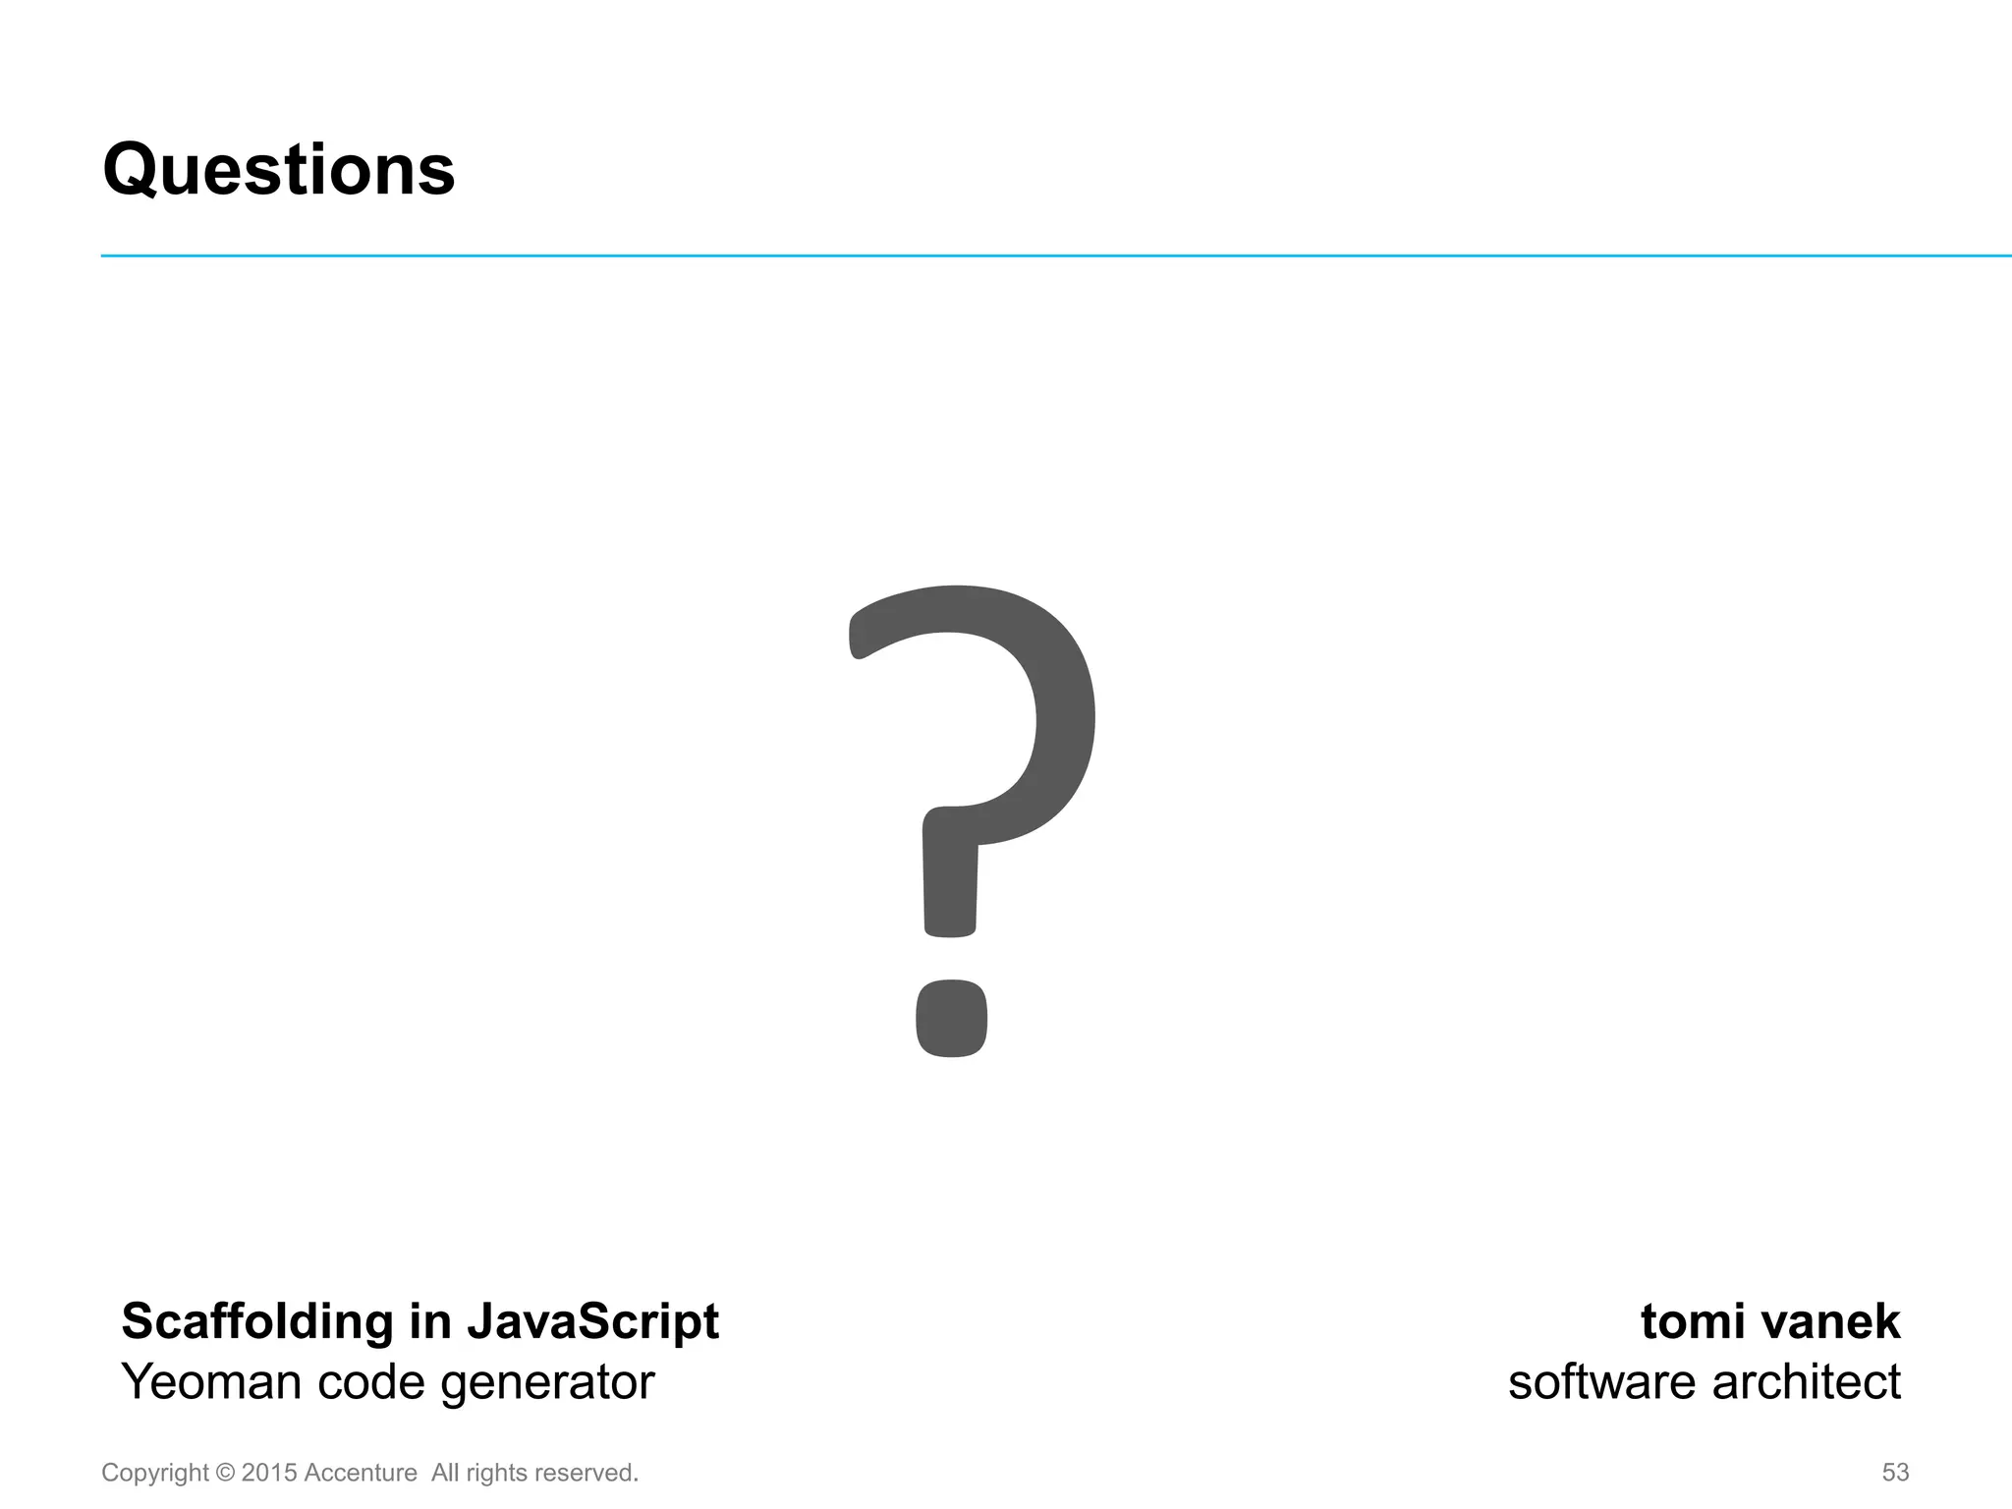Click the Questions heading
click(279, 171)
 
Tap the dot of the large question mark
click(951, 1018)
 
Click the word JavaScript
click(592, 1322)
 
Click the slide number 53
click(1895, 1473)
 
